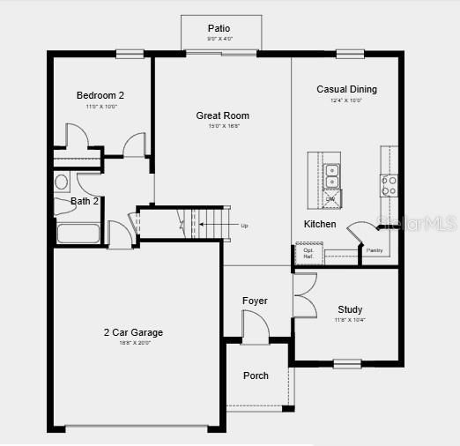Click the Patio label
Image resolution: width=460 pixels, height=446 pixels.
(x=219, y=28)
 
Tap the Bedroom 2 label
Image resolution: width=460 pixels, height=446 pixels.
(x=100, y=95)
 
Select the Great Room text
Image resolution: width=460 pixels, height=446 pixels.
(x=222, y=115)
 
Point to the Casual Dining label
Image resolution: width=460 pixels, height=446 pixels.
(x=346, y=89)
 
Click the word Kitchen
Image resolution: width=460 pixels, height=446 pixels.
(x=320, y=224)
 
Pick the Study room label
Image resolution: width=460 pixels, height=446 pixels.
(x=350, y=309)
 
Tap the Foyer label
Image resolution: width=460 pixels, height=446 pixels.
(x=255, y=301)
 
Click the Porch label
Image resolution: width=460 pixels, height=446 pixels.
(x=256, y=375)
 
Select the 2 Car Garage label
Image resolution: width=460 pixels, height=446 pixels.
(x=133, y=332)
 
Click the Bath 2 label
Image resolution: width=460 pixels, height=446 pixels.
(x=85, y=201)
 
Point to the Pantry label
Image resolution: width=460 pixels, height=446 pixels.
(x=375, y=250)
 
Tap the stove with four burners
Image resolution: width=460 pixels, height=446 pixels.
(x=389, y=184)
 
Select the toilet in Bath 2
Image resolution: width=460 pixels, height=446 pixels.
(x=62, y=182)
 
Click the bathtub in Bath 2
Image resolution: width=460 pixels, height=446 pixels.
(x=78, y=234)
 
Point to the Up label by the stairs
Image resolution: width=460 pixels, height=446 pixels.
(x=244, y=226)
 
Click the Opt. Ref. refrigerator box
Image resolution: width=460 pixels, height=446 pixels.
(x=308, y=254)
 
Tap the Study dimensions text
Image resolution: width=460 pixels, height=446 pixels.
(x=350, y=320)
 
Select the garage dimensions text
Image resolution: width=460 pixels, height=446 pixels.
(x=133, y=343)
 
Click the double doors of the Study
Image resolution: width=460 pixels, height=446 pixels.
(x=305, y=296)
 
